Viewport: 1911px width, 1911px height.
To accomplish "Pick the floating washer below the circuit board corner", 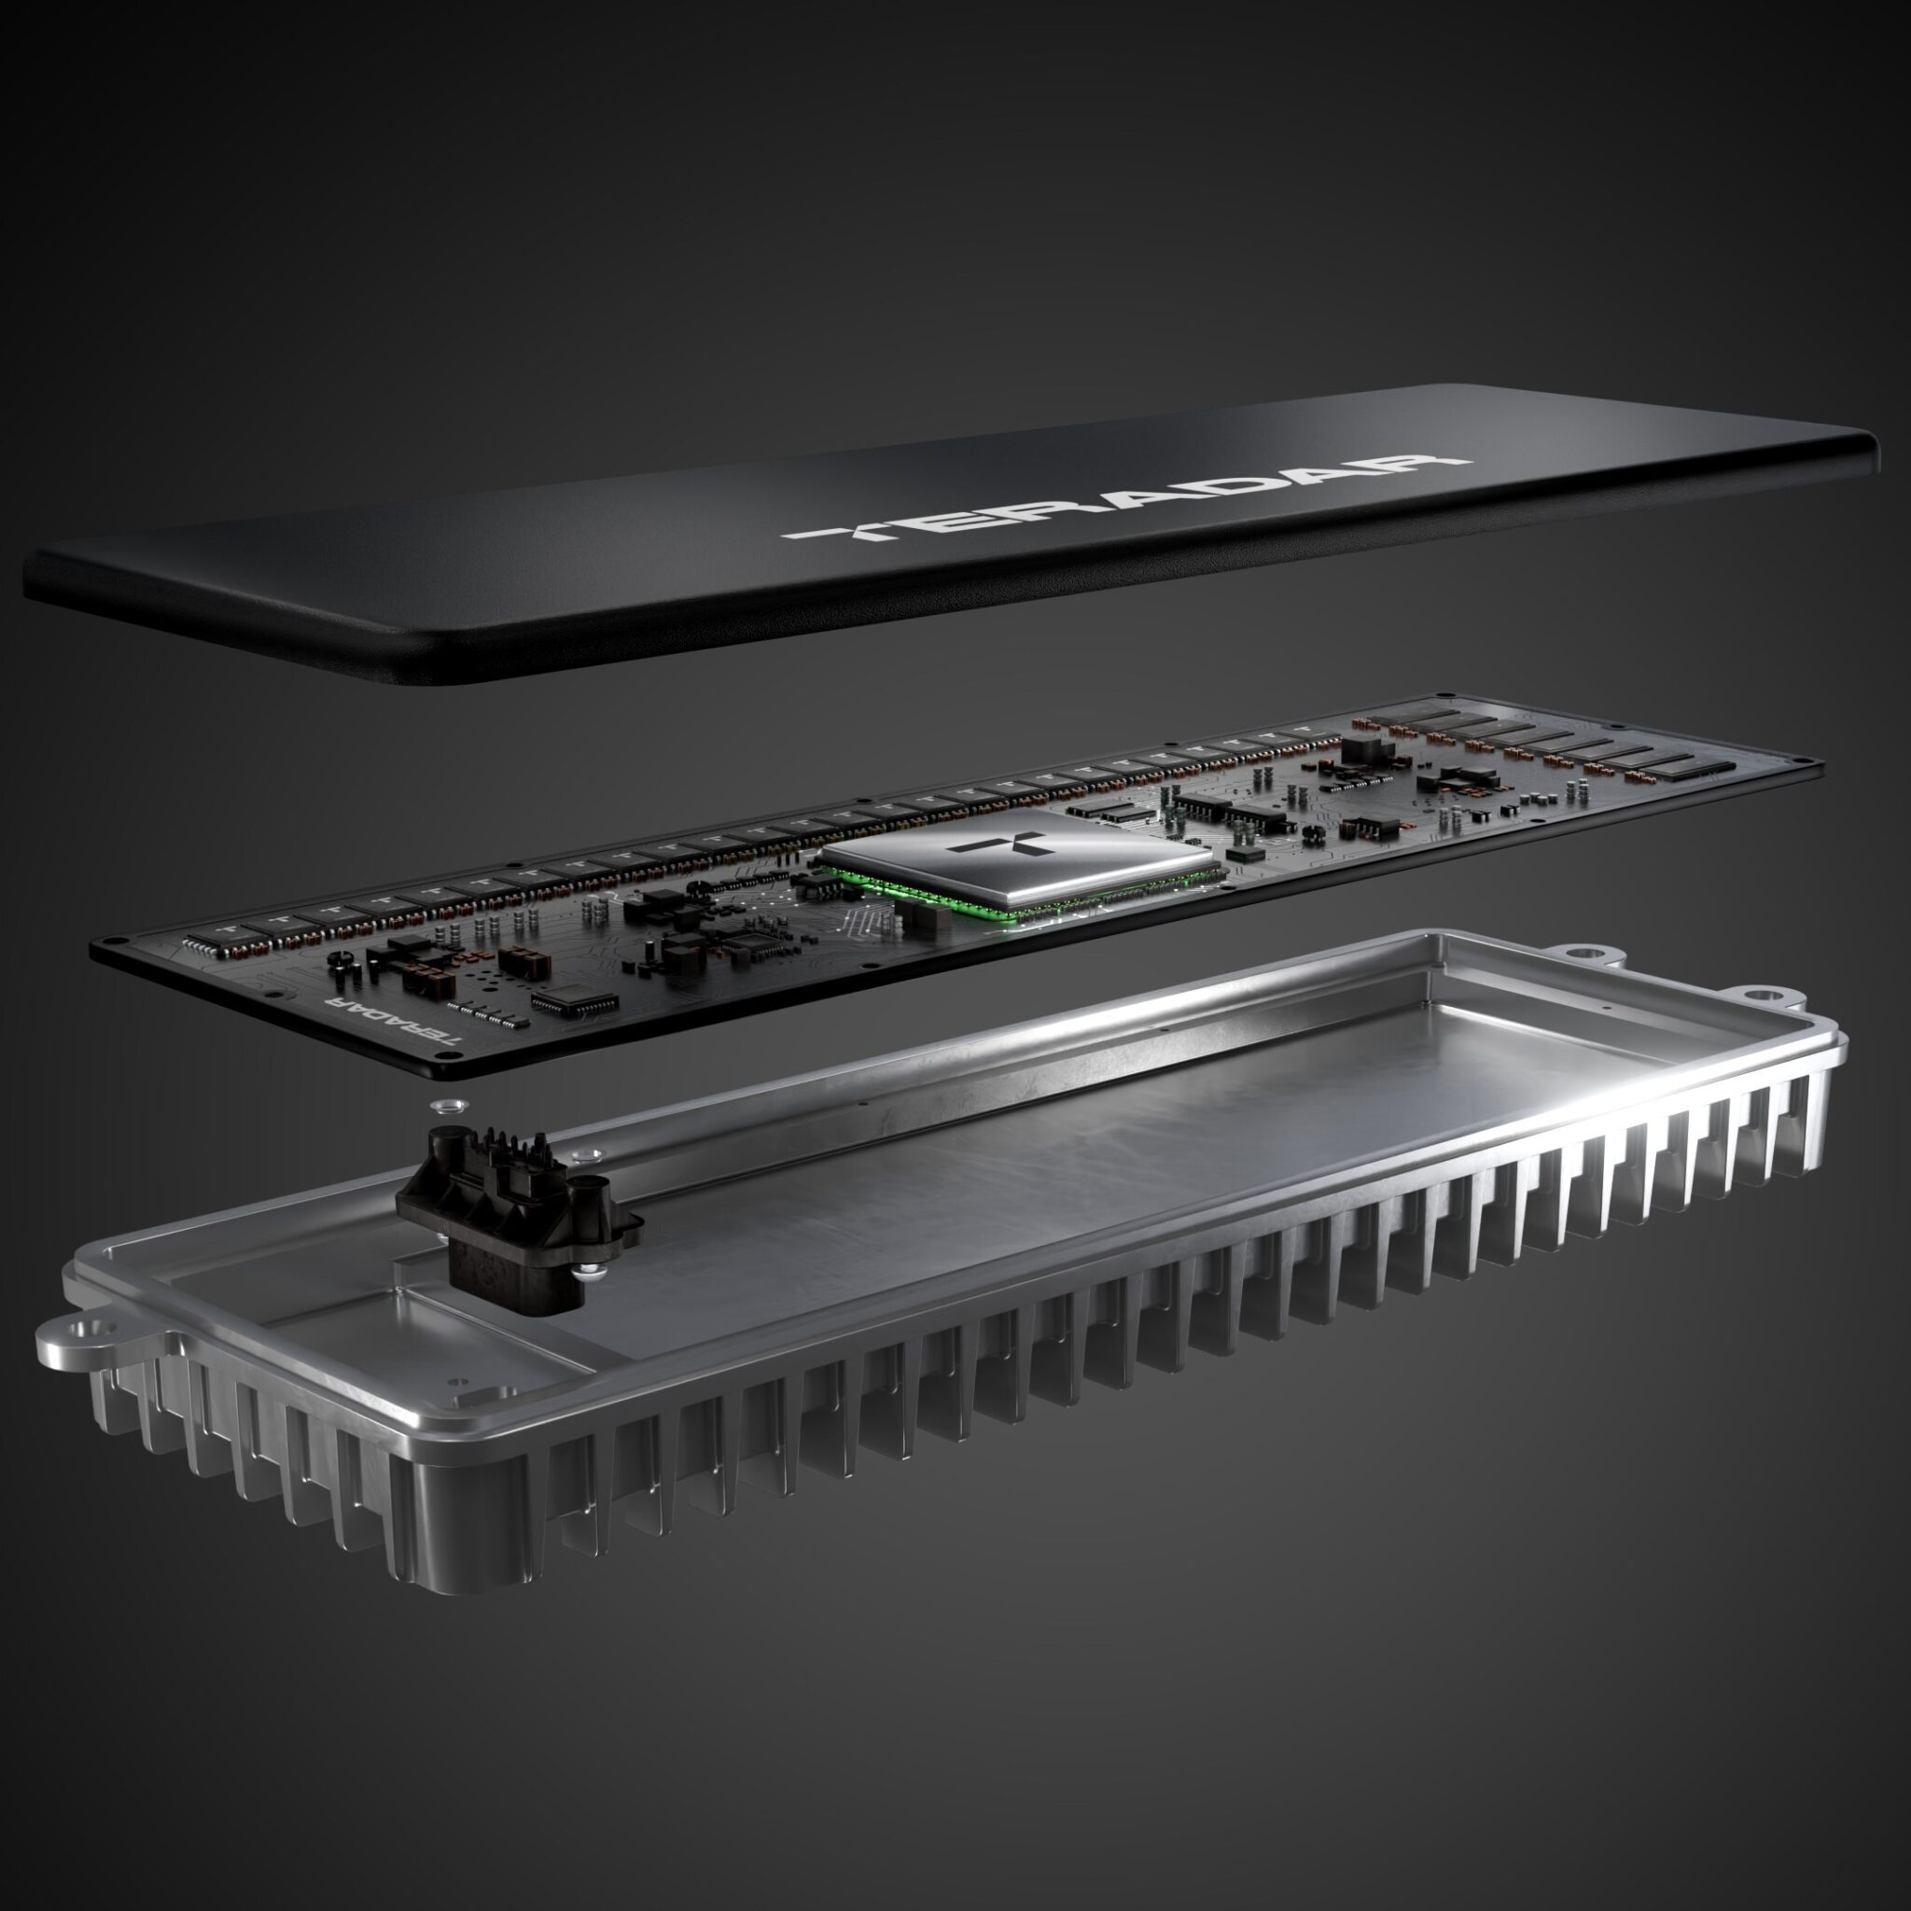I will point(443,1104).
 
